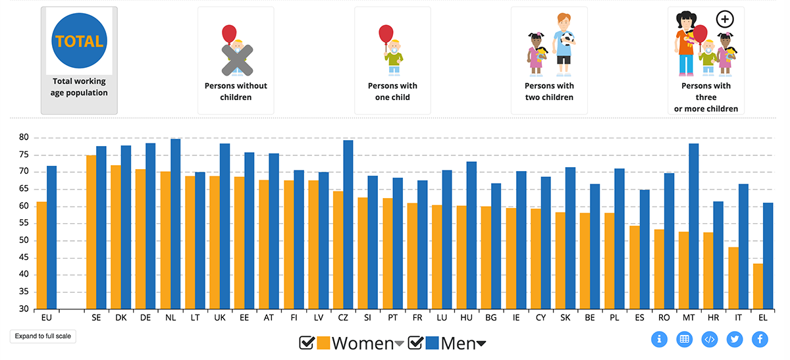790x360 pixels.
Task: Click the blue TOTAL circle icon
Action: (79, 41)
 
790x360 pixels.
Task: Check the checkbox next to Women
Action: (307, 343)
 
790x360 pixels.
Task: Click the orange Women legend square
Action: (323, 343)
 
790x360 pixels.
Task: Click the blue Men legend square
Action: (432, 343)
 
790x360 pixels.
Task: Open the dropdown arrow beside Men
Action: (481, 344)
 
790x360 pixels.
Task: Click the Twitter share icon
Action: (735, 340)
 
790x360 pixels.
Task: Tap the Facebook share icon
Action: (760, 340)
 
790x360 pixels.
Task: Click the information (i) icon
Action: (660, 340)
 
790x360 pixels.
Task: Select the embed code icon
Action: (710, 340)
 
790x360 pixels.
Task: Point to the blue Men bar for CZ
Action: (348, 224)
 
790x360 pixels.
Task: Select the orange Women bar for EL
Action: (758, 286)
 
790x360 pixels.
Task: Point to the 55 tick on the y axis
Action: (24, 223)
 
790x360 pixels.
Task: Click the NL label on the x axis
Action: (170, 317)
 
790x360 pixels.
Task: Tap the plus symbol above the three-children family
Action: (724, 19)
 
